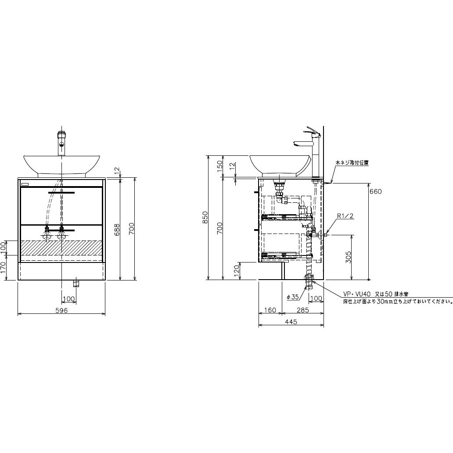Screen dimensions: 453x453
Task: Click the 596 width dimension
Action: [61, 310]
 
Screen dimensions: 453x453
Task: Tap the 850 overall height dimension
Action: [205, 218]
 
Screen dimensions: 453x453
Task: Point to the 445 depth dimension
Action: [291, 322]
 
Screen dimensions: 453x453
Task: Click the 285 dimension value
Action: [303, 310]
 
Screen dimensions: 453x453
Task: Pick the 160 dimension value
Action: [270, 310]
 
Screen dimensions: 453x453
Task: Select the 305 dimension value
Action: [349, 257]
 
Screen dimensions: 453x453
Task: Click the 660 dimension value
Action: [375, 191]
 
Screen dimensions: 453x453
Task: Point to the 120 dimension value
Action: [236, 271]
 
